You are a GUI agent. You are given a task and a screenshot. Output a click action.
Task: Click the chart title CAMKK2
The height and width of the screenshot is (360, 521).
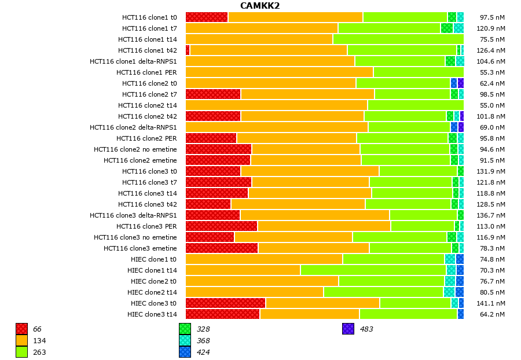[x=260, y=6]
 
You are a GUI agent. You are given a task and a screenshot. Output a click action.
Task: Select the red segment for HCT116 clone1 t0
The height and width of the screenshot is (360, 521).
[x=207, y=17]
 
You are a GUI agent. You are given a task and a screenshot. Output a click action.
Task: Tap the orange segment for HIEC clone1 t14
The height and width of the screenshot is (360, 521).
[x=243, y=270]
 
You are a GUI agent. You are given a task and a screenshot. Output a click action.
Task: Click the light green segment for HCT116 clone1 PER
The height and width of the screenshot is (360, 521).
[x=418, y=72]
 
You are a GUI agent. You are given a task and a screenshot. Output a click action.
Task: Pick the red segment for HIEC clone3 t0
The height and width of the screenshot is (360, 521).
[x=225, y=303]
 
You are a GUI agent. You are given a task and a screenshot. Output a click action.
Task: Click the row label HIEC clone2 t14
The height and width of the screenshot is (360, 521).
[x=152, y=292]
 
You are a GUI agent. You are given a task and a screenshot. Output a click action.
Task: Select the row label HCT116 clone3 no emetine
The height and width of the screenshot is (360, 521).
[x=135, y=237]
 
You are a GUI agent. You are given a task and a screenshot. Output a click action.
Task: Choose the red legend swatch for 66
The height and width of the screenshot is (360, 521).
[x=22, y=329]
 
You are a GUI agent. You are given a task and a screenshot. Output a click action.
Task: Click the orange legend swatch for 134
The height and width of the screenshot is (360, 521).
[x=22, y=341]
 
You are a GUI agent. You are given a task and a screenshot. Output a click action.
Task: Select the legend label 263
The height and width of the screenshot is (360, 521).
[x=39, y=352]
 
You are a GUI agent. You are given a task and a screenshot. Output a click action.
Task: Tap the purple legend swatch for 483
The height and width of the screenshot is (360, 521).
[x=348, y=329]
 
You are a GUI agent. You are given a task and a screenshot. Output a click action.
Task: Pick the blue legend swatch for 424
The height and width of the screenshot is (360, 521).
[x=185, y=352]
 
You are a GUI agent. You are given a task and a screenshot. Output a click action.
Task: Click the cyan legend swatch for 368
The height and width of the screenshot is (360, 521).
[x=185, y=341]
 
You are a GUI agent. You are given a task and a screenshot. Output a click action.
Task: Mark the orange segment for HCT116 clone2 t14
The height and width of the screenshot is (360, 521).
[x=276, y=105]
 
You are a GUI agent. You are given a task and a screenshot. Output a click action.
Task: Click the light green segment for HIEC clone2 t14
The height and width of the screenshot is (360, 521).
[x=383, y=292]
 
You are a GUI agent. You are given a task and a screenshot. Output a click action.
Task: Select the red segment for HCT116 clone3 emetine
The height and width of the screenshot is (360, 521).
[x=222, y=248]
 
